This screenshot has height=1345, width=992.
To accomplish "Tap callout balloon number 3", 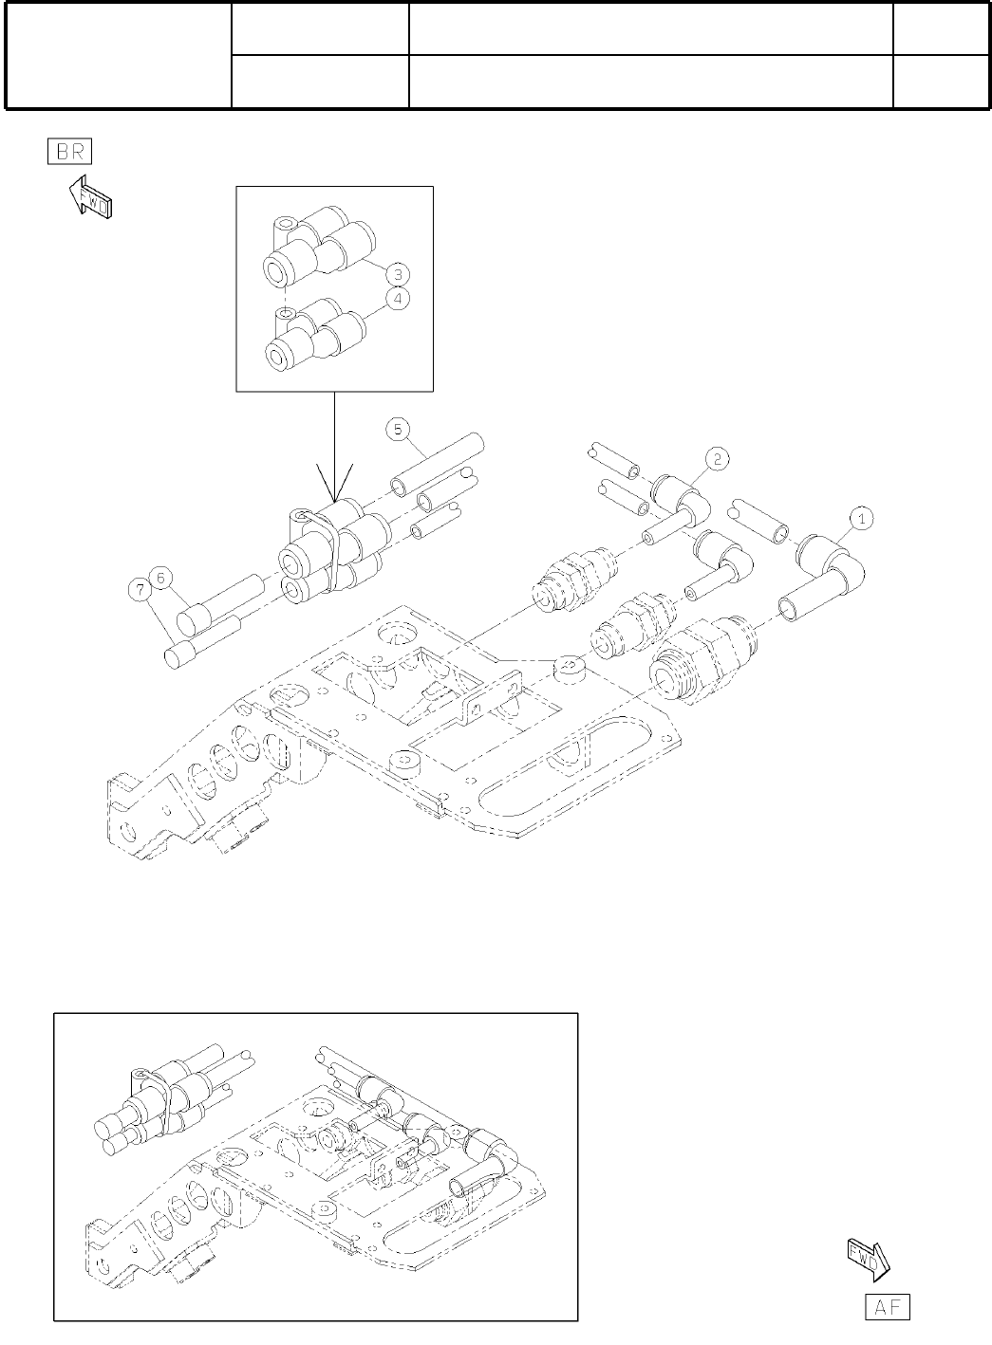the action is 398,274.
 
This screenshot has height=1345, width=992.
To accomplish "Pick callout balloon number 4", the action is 398,299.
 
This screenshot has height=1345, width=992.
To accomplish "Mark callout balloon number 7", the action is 140,590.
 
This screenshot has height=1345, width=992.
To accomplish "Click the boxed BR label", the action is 69,152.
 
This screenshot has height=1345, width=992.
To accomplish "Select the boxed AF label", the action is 887,1306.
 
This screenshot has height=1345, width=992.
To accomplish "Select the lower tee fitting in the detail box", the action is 309,331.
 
